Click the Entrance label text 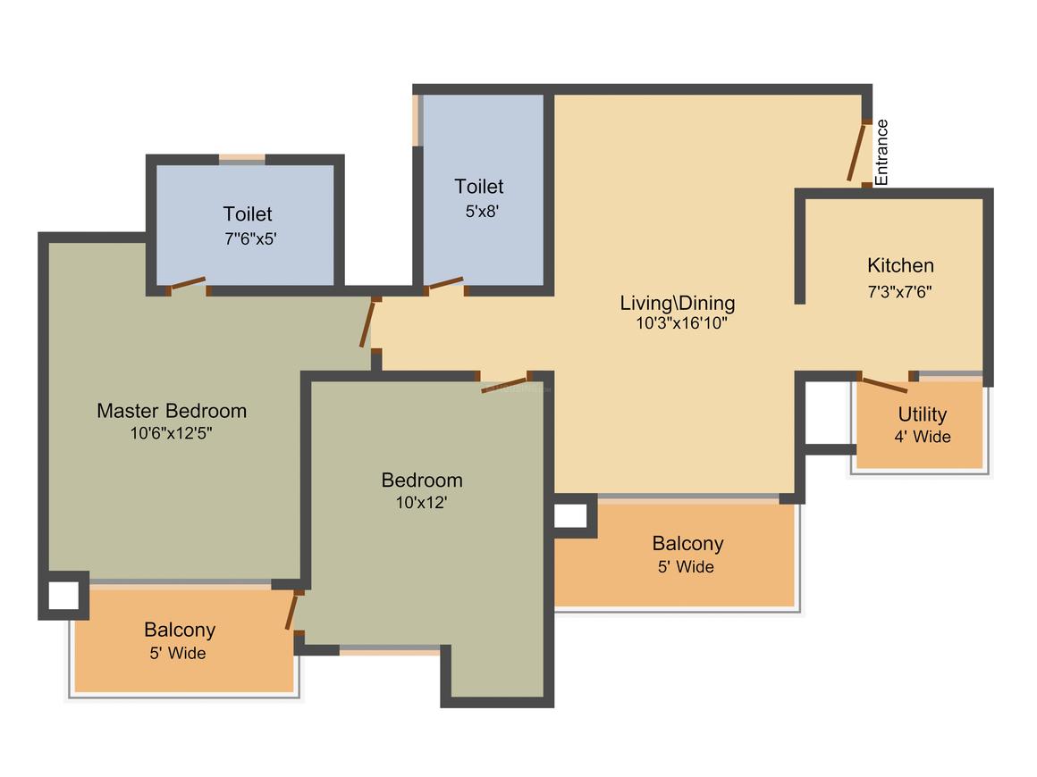(x=881, y=153)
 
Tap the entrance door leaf (x=856, y=151)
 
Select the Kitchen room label (x=900, y=265)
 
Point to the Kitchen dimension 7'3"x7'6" (x=899, y=291)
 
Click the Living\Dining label (x=678, y=304)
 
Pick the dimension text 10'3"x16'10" (x=681, y=323)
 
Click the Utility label (x=922, y=415)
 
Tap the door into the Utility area (x=884, y=385)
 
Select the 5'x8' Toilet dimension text (x=482, y=212)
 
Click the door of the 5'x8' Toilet (x=445, y=284)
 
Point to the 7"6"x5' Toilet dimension (x=250, y=238)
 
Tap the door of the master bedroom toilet (x=188, y=284)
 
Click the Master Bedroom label (x=172, y=411)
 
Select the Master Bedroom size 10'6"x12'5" (x=171, y=433)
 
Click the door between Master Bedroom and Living (x=367, y=323)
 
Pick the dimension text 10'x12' (x=421, y=503)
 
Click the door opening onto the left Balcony (x=291, y=612)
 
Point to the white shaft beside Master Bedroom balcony (x=63, y=596)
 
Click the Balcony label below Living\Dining (x=687, y=543)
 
